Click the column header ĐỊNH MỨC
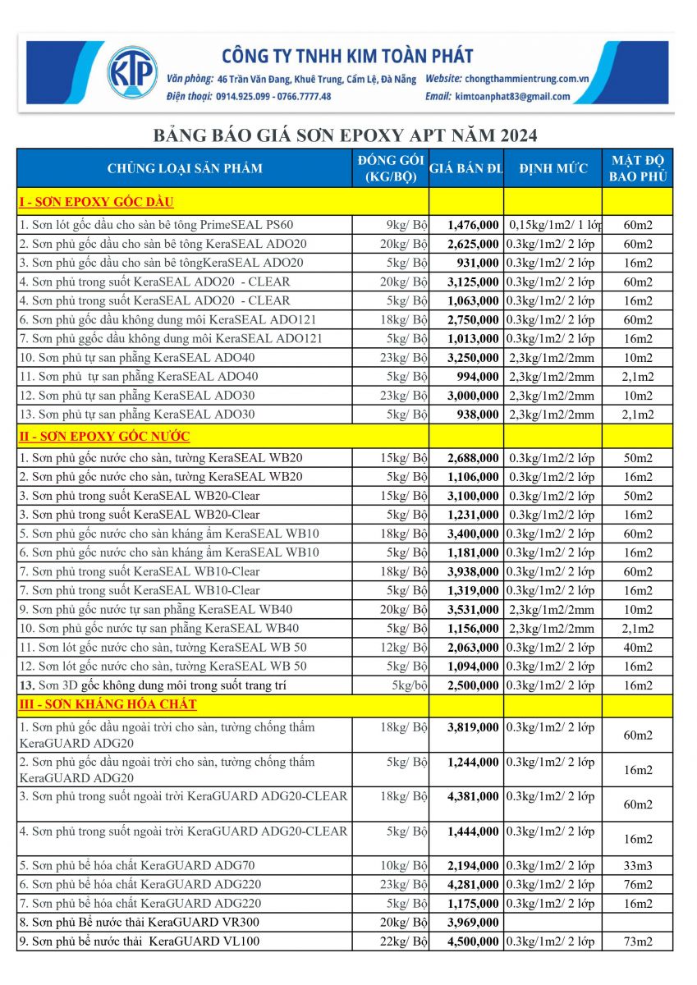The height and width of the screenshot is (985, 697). coord(553,169)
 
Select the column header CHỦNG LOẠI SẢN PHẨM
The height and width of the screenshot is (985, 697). coord(185,169)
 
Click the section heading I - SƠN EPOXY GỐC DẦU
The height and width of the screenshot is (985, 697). coord(97,202)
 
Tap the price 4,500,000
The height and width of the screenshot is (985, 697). coord(473,941)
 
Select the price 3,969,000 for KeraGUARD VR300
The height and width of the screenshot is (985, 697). coord(473,923)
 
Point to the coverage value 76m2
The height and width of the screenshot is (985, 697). coord(637,884)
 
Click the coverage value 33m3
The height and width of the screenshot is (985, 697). coord(637,865)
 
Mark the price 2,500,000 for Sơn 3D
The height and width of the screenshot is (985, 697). coord(473,685)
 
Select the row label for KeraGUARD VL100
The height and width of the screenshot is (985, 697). coord(139,941)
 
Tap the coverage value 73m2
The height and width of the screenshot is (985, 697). coord(637,941)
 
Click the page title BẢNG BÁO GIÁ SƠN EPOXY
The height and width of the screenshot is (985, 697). coord(345,135)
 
